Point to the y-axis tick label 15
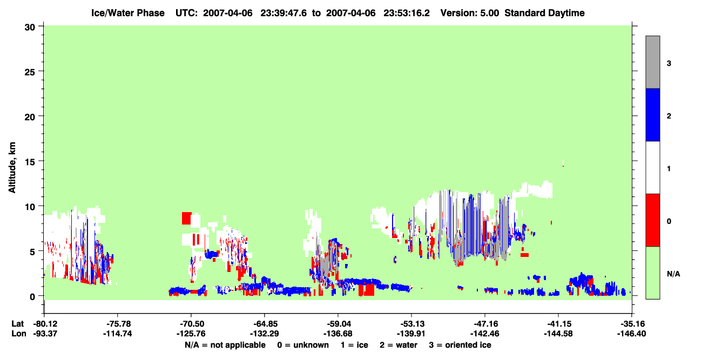pos(30,162)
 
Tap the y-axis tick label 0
pos(32,297)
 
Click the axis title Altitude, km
pos(12,167)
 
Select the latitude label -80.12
pos(45,324)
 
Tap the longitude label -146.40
pos(631,334)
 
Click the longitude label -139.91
pos(411,334)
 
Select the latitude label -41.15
pos(558,324)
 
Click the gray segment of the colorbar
pos(653,62)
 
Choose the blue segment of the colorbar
pos(653,114)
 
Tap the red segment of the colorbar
pos(653,220)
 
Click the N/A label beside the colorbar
pos(673,274)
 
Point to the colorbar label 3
pos(669,64)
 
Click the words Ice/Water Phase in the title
pos(128,13)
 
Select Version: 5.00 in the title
pos(470,13)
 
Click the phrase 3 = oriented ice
pos(460,345)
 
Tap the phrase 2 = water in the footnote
pos(399,345)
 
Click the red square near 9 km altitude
pos(186,219)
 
